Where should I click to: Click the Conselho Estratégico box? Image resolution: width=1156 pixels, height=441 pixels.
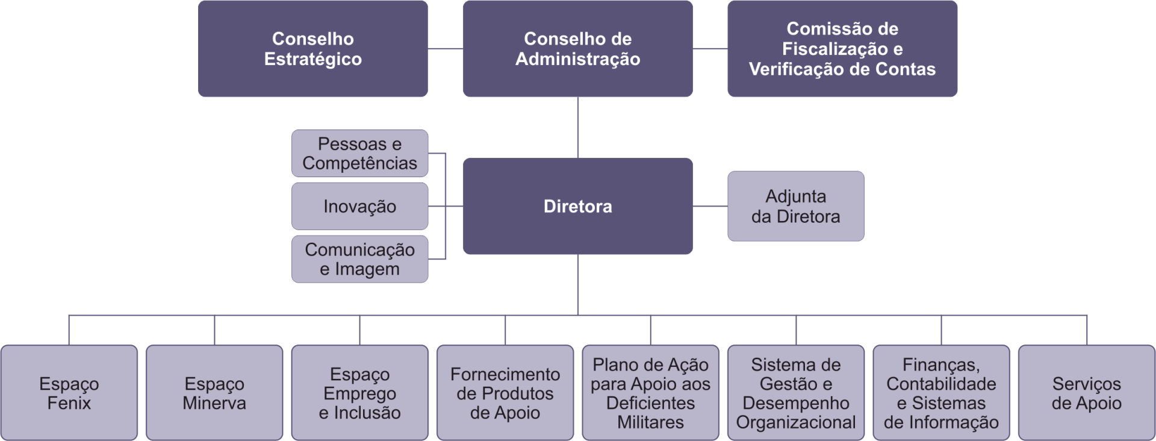click(312, 49)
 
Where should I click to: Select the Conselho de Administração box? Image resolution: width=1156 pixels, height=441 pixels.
click(577, 49)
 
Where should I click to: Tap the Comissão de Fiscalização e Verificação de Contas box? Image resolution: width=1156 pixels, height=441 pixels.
click(842, 49)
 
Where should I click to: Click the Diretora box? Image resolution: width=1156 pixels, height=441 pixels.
click(577, 206)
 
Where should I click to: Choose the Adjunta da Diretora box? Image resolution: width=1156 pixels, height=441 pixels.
click(795, 206)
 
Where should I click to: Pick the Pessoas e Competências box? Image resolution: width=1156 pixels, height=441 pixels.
click(359, 153)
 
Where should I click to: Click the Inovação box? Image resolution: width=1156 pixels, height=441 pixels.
click(359, 206)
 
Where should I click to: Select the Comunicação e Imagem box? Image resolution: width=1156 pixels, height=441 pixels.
click(359, 259)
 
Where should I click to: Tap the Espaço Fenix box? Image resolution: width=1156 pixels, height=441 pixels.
click(69, 393)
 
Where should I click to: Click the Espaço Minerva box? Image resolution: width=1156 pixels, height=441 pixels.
click(214, 393)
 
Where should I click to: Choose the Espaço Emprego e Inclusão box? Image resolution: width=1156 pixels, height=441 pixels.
click(359, 393)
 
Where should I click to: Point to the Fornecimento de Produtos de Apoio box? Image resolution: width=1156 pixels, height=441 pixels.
click(505, 393)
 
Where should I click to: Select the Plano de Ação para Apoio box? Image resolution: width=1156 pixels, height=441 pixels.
click(650, 393)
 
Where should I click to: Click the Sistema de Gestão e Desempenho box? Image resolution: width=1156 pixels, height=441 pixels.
click(796, 393)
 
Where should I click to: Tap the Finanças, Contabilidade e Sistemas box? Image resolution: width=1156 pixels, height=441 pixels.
click(941, 393)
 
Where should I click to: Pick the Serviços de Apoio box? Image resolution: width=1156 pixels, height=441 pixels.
click(1087, 393)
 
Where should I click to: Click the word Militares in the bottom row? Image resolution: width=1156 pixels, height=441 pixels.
click(650, 422)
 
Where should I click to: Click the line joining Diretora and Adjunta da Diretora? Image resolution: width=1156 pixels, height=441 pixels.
click(710, 206)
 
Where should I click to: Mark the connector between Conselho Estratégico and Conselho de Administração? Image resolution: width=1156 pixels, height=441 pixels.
click(446, 49)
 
